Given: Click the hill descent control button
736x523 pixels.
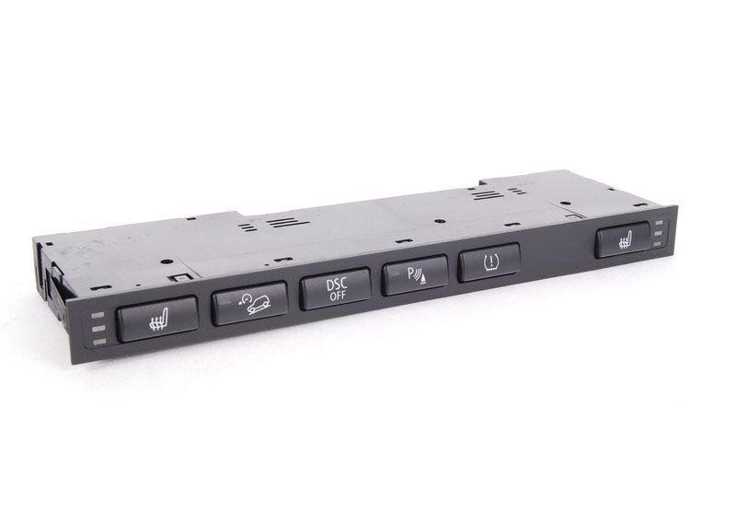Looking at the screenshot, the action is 249,304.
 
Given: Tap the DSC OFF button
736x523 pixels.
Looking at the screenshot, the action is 336,289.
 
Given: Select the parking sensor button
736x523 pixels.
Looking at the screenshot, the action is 415,275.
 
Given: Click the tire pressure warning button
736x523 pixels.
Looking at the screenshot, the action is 489,262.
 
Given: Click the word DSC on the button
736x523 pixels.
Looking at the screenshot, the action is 337,285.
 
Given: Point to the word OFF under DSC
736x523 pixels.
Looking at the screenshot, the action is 338,296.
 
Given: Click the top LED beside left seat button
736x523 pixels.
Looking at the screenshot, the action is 98,315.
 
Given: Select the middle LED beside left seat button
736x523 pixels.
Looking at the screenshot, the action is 99,329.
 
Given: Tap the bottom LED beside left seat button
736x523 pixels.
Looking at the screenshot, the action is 100,342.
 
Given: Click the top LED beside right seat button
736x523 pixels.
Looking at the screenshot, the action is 658,222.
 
